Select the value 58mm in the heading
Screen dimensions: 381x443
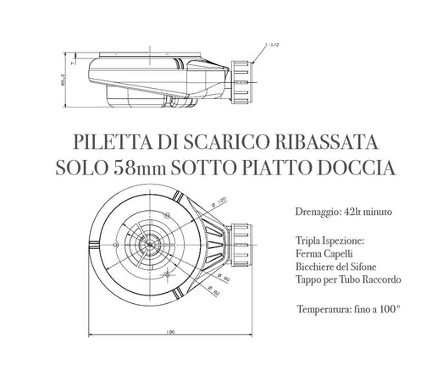click(x=135, y=168)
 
